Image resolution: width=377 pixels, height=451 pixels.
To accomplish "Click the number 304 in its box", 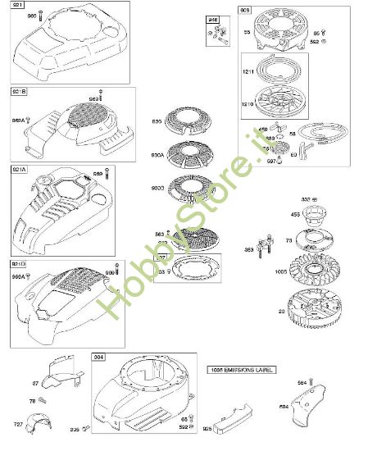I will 99,358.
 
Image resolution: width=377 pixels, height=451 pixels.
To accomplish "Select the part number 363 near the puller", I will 250,248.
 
